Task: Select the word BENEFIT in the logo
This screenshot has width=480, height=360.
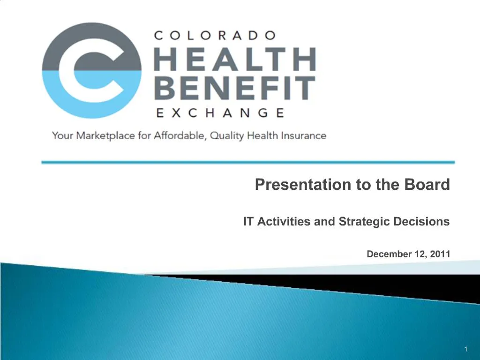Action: coord(234,89)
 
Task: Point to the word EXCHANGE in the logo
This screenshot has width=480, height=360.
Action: coord(219,112)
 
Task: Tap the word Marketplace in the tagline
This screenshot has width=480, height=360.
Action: coord(101,136)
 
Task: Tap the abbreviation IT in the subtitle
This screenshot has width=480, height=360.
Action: coord(248,222)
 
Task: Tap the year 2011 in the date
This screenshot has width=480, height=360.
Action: coord(439,254)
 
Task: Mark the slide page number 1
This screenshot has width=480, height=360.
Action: coord(466,349)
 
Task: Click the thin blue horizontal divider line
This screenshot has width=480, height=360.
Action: coord(248,162)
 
